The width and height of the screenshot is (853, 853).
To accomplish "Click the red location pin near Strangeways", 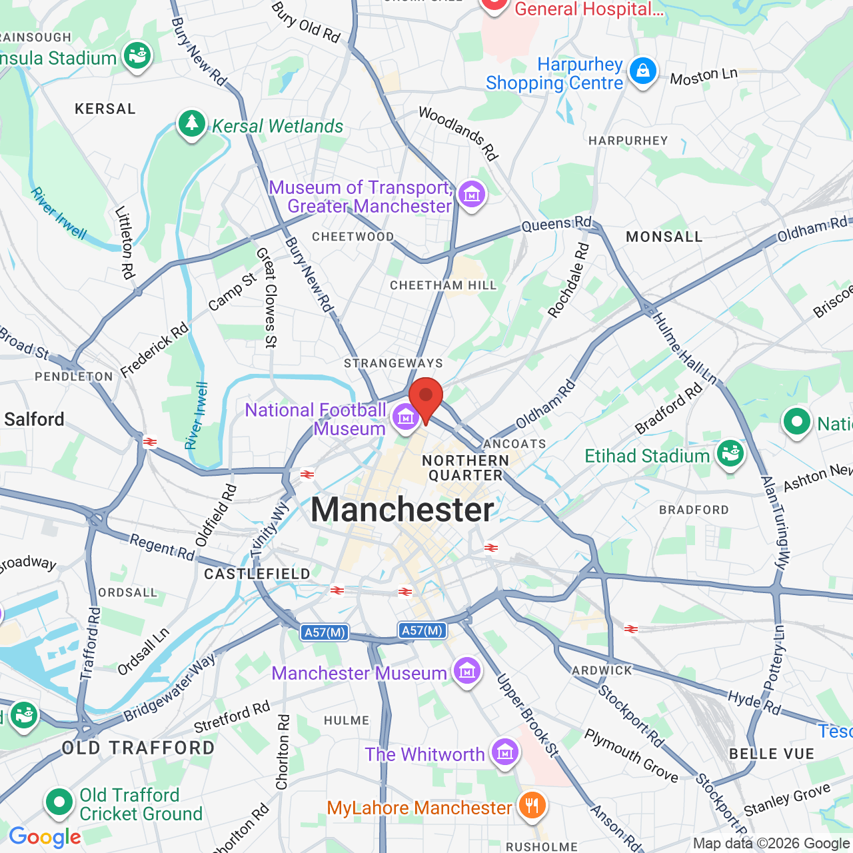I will click(x=426, y=397).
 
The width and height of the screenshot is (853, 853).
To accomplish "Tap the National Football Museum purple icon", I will click(x=405, y=418).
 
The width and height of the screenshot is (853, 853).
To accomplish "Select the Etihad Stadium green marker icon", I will click(x=730, y=454).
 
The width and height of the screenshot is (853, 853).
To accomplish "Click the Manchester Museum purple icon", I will click(x=466, y=671).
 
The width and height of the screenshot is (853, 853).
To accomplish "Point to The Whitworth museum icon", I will click(x=504, y=752).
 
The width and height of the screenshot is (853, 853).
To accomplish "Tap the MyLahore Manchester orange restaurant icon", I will click(x=531, y=806).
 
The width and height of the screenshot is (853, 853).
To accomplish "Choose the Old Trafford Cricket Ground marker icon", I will click(x=59, y=803).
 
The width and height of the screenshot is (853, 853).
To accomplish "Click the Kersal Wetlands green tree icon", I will click(x=192, y=124).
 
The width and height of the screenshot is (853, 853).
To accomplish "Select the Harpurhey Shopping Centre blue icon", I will click(x=642, y=72).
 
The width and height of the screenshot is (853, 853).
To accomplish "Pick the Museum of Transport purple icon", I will click(x=471, y=195).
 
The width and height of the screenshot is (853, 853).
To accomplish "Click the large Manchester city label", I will click(x=403, y=510).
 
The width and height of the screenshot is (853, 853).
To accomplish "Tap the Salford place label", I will click(x=35, y=419).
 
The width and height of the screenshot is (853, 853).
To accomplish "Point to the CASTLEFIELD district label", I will click(x=257, y=574).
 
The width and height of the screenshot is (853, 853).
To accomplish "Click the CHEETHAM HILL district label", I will click(x=443, y=285).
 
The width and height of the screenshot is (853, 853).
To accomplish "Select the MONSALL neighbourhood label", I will click(x=664, y=237).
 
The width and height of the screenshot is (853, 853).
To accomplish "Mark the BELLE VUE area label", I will click(x=772, y=754).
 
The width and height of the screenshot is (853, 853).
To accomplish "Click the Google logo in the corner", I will click(x=45, y=837).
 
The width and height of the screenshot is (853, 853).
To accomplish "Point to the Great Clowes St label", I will click(x=267, y=297).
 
